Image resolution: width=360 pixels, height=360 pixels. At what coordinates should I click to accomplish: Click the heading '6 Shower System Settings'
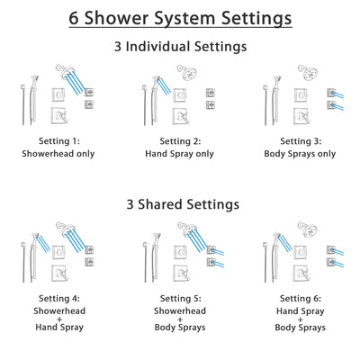(180, 18)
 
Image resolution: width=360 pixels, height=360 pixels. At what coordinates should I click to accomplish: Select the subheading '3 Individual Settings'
(180, 46)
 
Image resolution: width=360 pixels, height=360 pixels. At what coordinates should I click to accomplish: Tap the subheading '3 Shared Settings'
(180, 204)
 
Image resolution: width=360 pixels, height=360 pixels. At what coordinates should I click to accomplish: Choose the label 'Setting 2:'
(180, 141)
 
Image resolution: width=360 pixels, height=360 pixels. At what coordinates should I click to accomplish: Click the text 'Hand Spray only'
(180, 154)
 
